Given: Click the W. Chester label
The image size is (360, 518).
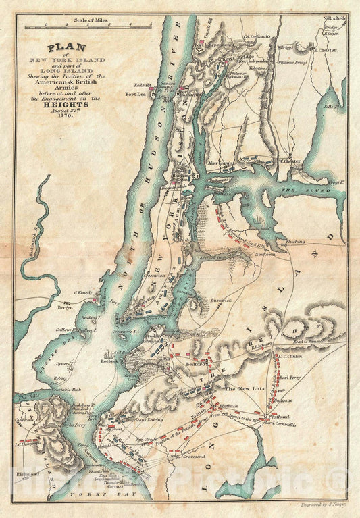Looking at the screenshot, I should (290, 161).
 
